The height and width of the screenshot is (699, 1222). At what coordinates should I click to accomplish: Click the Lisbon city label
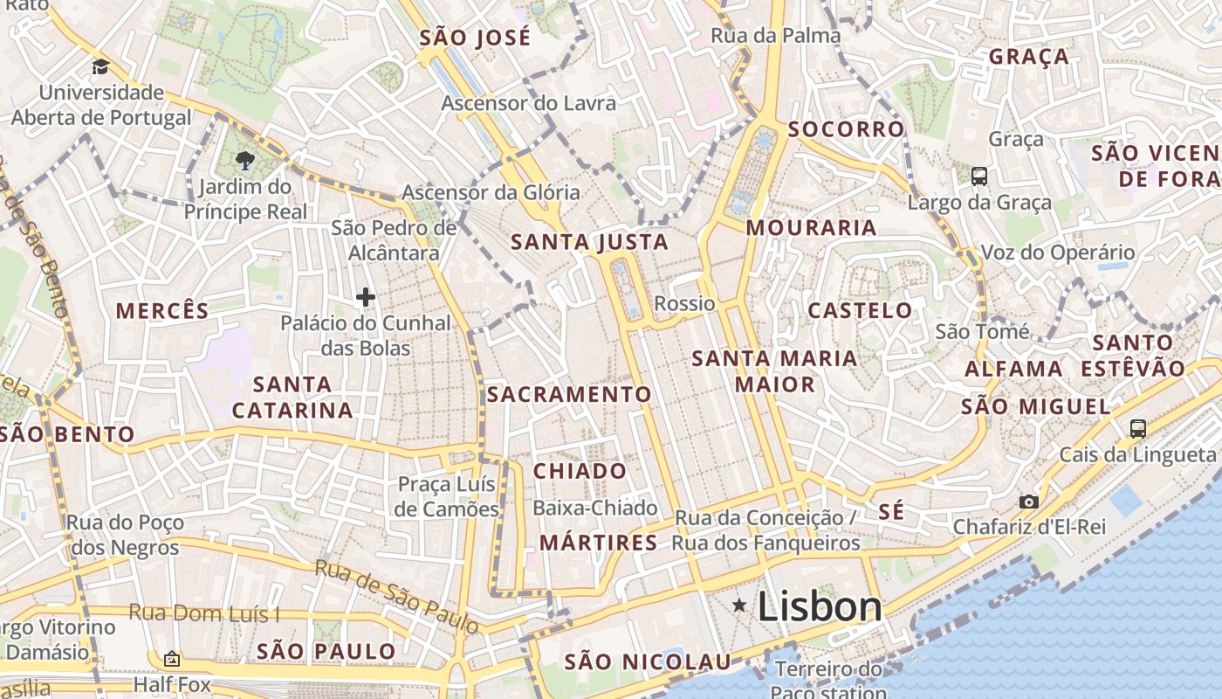coord(819,606)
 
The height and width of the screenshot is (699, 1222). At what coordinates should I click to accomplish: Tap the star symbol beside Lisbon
coord(739,605)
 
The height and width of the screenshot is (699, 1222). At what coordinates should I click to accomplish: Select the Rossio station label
coord(684,304)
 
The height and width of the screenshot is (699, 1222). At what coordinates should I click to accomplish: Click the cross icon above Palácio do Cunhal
coord(365,298)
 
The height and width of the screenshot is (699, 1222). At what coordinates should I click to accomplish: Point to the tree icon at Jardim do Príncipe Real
coord(244,161)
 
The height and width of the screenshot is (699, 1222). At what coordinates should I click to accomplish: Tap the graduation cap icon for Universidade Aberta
coord(100,67)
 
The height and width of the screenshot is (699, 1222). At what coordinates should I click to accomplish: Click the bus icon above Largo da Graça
coord(979,176)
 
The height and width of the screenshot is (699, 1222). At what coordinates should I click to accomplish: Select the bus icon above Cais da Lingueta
coord(1137,429)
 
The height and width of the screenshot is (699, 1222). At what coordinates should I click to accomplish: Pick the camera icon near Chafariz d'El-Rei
coord(1028,502)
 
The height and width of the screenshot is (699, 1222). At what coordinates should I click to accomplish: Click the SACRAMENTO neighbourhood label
coord(569,394)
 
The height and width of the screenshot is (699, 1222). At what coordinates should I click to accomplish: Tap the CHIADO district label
coord(580,471)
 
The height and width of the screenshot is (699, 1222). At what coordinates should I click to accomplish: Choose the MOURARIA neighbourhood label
coord(811,228)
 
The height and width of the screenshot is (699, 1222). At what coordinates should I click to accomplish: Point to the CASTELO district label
coord(860,310)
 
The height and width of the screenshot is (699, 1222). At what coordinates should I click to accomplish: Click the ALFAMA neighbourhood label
coord(1013,369)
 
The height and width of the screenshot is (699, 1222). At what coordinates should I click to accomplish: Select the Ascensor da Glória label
coord(491,192)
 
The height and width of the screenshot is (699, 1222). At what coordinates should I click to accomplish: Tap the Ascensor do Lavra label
coord(528,103)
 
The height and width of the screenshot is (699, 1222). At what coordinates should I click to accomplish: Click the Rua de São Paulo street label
coord(396,598)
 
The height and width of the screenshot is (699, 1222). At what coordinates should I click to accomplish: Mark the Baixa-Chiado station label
coord(594,508)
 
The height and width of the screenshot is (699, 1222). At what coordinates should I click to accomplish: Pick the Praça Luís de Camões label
coord(446,496)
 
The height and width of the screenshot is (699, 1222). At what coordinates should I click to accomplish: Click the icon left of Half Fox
coord(172,659)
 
